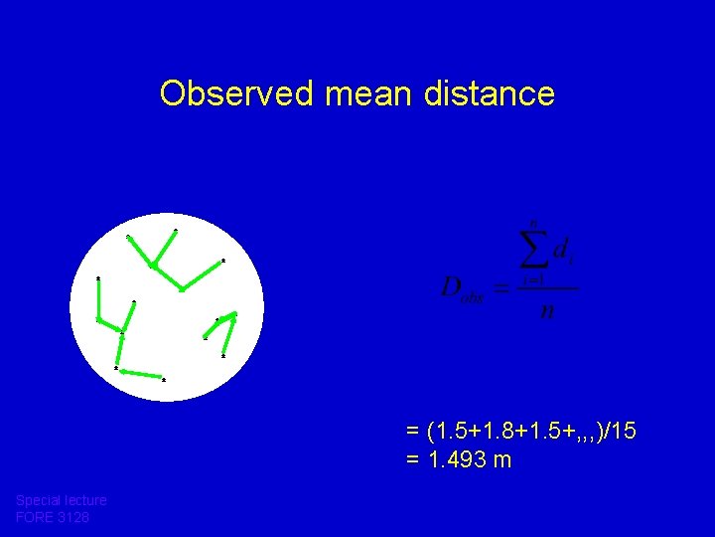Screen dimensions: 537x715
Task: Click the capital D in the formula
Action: click(x=451, y=289)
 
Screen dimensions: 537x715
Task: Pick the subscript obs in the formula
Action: click(x=473, y=298)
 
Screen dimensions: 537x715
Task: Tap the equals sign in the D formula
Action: click(x=501, y=289)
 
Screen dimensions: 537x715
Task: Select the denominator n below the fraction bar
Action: click(x=546, y=311)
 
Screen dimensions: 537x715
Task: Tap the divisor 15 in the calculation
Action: click(x=626, y=433)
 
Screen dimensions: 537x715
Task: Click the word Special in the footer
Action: click(x=38, y=500)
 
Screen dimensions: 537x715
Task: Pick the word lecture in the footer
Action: click(x=84, y=500)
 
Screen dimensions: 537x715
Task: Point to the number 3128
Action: click(x=74, y=517)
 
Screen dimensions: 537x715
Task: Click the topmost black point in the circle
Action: click(x=176, y=231)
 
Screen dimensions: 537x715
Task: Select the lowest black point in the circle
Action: click(x=163, y=380)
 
